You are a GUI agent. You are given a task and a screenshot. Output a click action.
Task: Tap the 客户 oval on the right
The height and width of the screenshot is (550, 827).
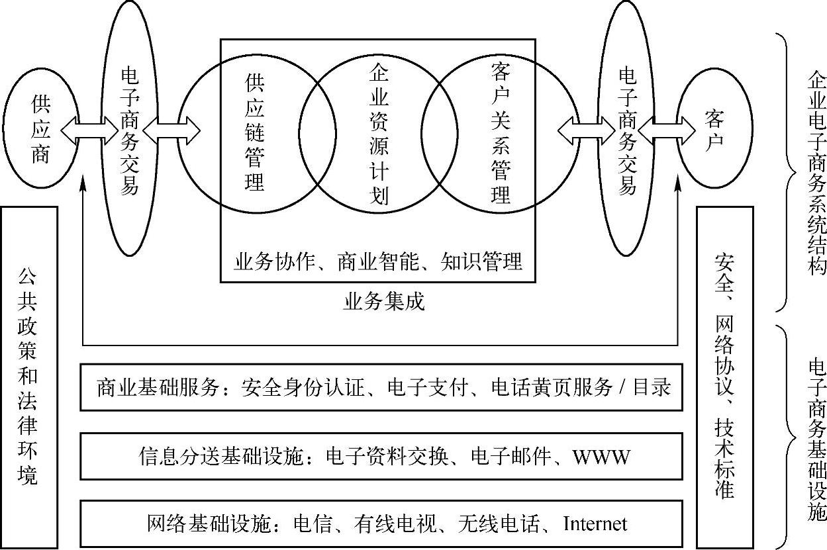coord(714,130)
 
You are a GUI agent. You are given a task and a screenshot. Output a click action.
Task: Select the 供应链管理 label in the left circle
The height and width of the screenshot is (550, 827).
coord(254,132)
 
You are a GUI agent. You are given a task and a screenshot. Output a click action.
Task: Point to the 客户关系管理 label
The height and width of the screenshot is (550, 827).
coord(501,132)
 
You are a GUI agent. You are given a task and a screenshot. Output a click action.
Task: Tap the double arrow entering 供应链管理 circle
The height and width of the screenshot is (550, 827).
coord(171,130)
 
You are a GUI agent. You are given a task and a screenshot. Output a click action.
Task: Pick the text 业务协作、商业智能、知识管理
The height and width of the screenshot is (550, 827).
coord(378,261)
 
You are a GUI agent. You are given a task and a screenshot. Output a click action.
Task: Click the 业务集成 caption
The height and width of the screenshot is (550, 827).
coord(384,302)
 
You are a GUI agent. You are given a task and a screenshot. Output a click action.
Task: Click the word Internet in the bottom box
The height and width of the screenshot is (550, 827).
coord(595,524)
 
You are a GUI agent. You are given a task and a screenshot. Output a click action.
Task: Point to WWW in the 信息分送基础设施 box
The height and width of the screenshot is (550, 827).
coord(601,457)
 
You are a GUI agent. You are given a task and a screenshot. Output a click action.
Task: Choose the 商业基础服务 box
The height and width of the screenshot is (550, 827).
coord(381,387)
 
